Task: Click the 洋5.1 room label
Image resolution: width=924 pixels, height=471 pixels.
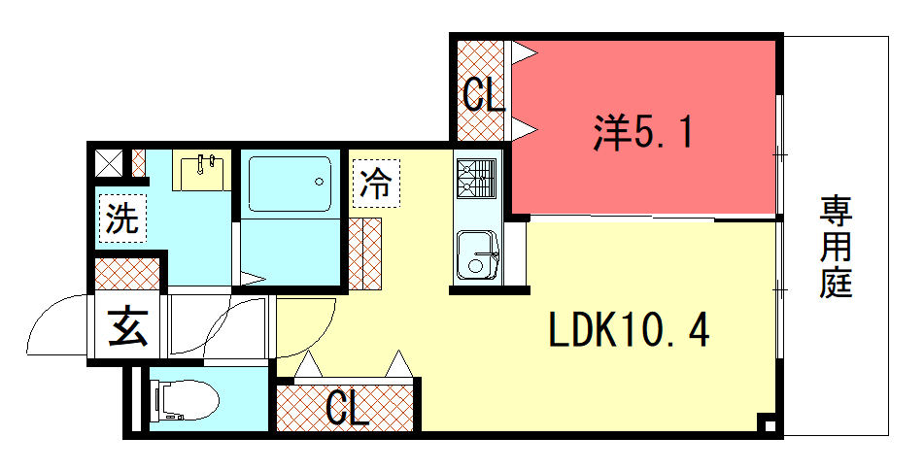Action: pos(644,134)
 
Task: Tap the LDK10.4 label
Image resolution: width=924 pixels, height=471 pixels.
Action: pos(628,332)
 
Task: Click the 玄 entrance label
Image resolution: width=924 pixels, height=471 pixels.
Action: pos(127,326)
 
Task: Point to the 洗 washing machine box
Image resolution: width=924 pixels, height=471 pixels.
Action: pos(122,218)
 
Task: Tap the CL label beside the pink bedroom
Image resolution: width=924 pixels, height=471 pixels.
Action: pos(483,95)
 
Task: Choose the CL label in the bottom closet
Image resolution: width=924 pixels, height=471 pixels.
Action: pos(347,409)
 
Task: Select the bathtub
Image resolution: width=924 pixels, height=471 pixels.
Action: pos(291,184)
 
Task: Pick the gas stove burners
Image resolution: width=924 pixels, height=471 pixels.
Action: pos(476,179)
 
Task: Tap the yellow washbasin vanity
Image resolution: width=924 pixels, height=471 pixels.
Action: pos(202,171)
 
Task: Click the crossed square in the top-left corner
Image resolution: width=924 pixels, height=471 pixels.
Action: pos(110,162)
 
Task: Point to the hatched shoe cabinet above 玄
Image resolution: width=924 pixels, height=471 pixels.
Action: pos(127,273)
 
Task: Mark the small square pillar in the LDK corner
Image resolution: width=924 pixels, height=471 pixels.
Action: pos(767,424)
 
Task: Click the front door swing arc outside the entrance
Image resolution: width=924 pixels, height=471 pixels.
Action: pos(58,325)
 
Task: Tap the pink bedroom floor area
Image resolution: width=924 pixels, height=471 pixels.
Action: pos(680,175)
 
